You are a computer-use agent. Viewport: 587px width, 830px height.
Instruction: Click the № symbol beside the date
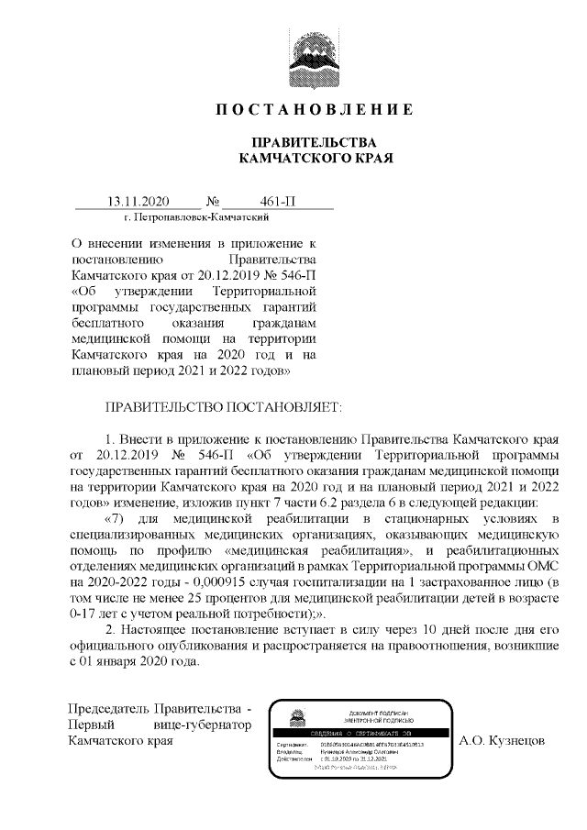[x=213, y=201]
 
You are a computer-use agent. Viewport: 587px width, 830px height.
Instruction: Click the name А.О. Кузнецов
[x=504, y=739]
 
